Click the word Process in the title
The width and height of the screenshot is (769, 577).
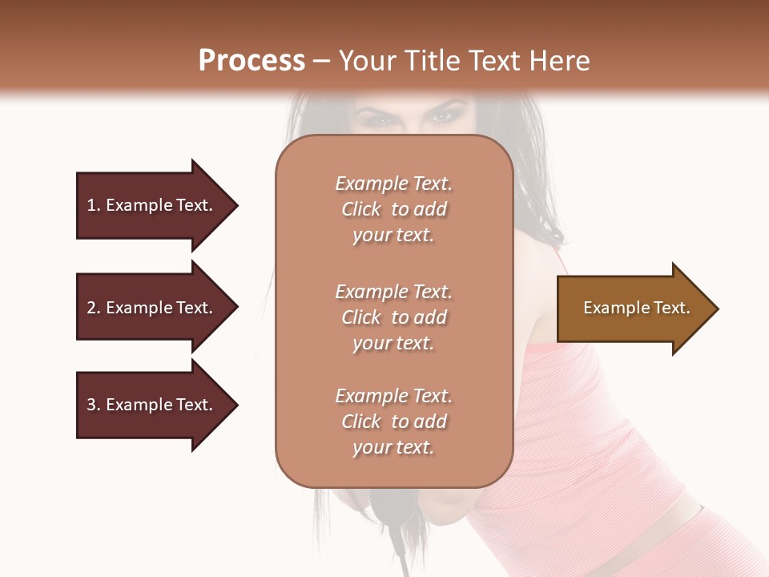pyautogui.click(x=252, y=61)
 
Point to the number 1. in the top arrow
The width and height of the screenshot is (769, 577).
pyautogui.click(x=94, y=205)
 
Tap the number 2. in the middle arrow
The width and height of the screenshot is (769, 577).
pyautogui.click(x=94, y=308)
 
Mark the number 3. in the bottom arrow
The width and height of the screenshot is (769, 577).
pyautogui.click(x=94, y=405)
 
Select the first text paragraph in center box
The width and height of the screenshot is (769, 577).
pyautogui.click(x=393, y=209)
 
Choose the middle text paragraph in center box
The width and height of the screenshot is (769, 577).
pyautogui.click(x=393, y=317)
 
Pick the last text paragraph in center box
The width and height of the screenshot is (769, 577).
pyautogui.click(x=393, y=422)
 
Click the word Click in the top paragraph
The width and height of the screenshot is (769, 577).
pyautogui.click(x=361, y=209)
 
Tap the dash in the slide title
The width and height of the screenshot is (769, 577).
pyautogui.click(x=321, y=62)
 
